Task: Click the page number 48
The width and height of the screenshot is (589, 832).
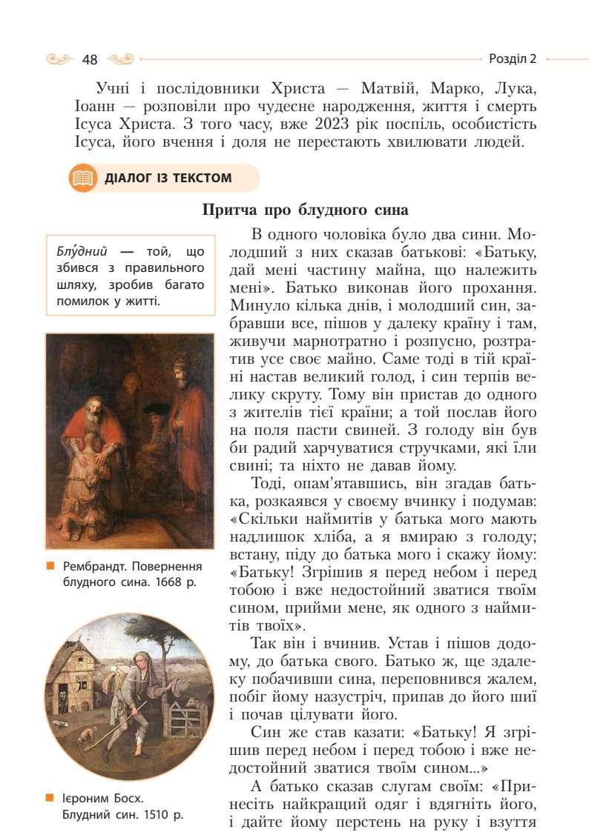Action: pos(91,59)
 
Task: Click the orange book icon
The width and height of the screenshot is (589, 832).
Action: pos(82,179)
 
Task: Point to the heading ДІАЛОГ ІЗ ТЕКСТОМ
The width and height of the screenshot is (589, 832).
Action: pos(168,179)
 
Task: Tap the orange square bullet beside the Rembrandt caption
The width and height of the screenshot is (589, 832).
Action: pos(50,568)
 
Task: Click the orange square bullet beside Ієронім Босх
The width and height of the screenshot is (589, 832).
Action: pos(50,799)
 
